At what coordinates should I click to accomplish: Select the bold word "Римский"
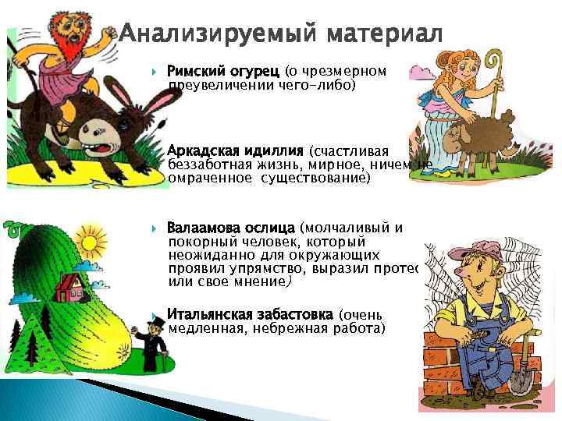click(x=195, y=71)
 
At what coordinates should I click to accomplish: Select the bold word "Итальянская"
click(x=209, y=315)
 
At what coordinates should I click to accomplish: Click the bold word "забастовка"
click(x=296, y=315)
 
